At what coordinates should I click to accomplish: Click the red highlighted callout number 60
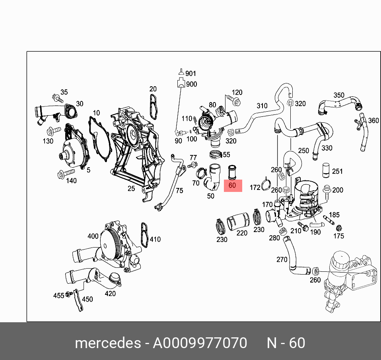233,186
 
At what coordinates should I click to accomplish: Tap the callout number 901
191,74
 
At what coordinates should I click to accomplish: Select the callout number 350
339,95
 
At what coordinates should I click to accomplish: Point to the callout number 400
93,236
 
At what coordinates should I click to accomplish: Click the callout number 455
59,295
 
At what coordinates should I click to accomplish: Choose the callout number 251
337,172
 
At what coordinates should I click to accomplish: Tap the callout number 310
262,106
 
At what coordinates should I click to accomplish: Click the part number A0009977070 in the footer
200,343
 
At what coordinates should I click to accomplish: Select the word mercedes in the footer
107,343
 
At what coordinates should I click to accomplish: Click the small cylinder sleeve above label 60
232,172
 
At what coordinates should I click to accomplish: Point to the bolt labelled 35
57,98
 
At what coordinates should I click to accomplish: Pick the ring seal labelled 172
266,186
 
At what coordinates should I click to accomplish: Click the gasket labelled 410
144,235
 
